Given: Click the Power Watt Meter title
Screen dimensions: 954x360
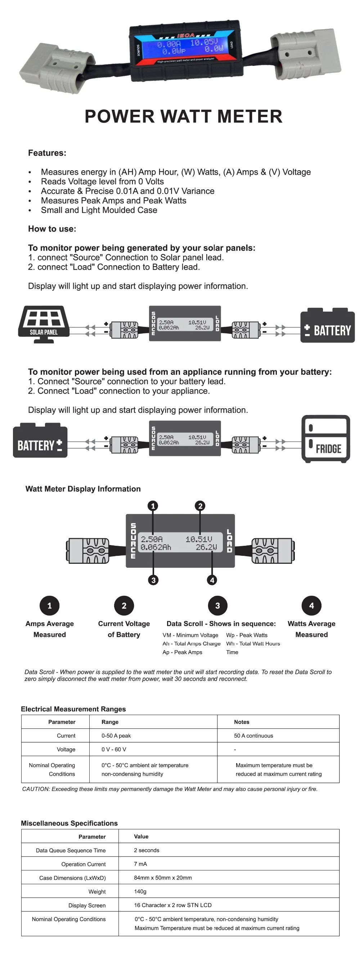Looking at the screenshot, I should [x=183, y=116].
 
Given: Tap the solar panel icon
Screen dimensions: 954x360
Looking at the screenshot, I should [x=44, y=324].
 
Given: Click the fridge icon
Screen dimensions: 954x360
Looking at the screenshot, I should [x=325, y=439].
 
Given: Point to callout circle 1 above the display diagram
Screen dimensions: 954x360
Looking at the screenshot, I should [x=153, y=506].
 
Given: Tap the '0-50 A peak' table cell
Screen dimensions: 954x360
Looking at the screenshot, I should [x=116, y=735].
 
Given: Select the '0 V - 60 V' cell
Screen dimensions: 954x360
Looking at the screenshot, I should [x=114, y=749].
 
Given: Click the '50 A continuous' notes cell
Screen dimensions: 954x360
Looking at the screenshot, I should [x=253, y=735].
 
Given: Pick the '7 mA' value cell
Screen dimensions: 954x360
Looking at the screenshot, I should [x=140, y=864].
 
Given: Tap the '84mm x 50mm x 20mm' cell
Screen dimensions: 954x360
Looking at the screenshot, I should [x=163, y=877].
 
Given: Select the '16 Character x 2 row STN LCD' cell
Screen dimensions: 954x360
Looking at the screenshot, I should [x=172, y=905].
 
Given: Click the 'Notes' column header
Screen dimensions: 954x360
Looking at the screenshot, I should [x=242, y=722].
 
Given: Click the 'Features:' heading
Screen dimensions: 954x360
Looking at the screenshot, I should [x=47, y=153].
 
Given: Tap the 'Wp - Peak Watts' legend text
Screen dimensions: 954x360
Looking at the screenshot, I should [x=247, y=635].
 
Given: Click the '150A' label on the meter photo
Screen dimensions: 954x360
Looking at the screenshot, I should [x=185, y=36].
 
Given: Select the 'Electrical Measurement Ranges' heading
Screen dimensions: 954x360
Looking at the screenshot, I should [x=73, y=709].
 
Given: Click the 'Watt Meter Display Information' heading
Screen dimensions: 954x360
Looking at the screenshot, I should [x=83, y=489].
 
